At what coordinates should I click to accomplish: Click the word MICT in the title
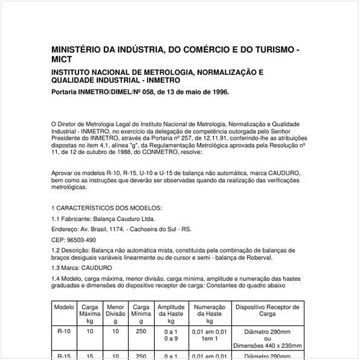pos(63,59)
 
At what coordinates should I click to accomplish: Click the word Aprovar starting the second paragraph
pos(64,174)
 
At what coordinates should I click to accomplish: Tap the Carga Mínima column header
pos(141,312)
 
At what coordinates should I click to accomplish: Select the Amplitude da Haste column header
pos(171,312)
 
